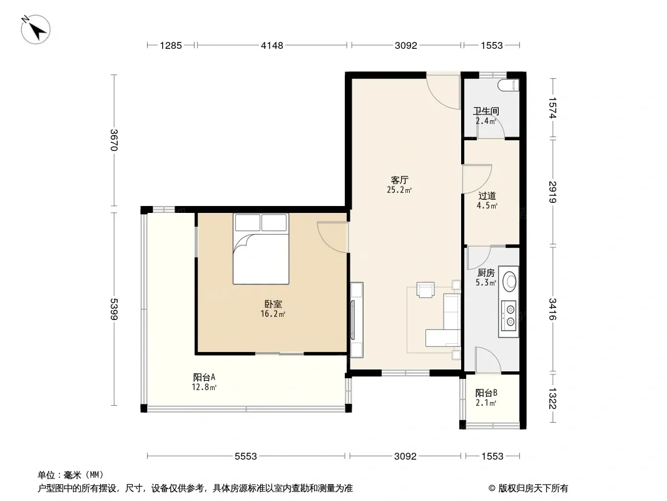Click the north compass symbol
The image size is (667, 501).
(36, 29)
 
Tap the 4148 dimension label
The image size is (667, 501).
(272, 45)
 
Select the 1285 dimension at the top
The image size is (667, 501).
(171, 45)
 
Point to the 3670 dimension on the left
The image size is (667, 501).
(114, 140)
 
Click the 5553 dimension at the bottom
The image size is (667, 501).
(246, 457)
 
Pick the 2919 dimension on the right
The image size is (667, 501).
(552, 192)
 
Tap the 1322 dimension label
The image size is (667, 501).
(552, 398)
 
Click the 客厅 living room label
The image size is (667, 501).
(399, 180)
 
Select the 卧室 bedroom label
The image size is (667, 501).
(273, 304)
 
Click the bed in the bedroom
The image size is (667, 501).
(261, 249)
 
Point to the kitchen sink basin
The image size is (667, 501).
(509, 281)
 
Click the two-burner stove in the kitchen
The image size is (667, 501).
(509, 316)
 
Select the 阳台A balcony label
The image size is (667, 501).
(204, 377)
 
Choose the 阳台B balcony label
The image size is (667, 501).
(486, 393)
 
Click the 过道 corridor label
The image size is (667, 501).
(487, 196)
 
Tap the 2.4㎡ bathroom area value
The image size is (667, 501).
(486, 121)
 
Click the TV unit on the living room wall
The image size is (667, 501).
(356, 319)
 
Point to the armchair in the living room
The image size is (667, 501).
(425, 289)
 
